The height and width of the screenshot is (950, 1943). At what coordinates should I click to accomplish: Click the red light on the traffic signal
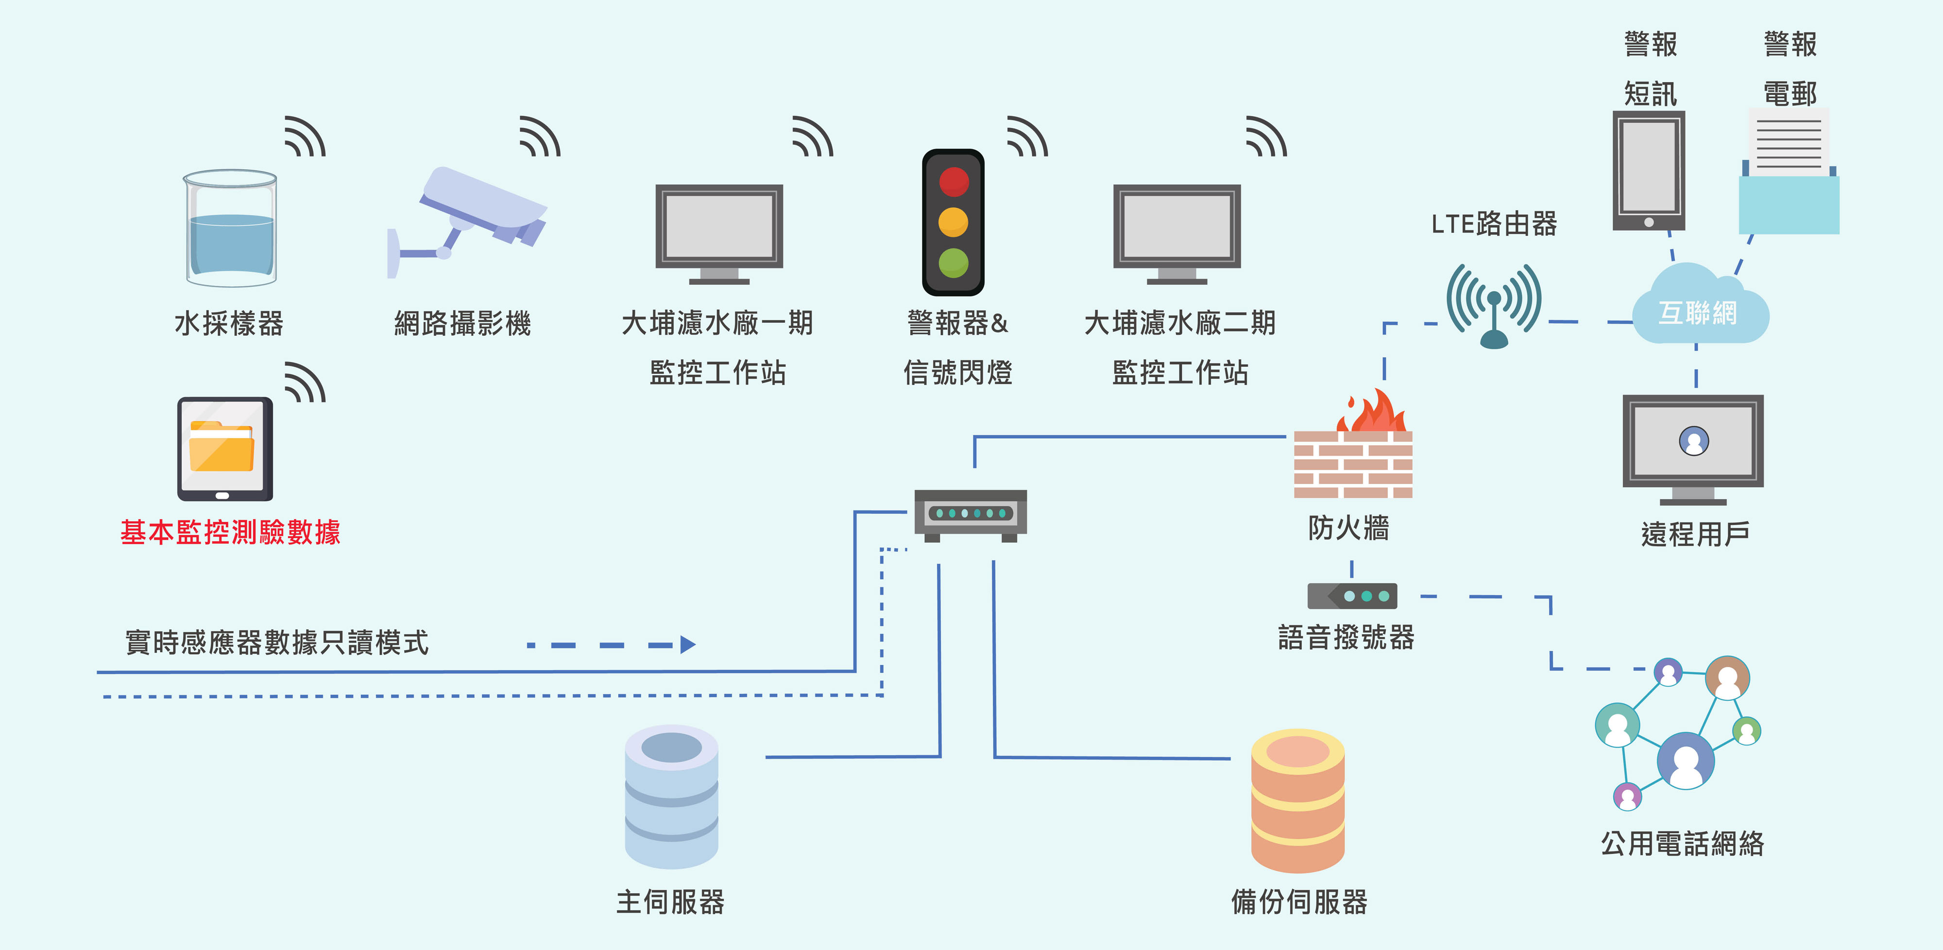pos(954,182)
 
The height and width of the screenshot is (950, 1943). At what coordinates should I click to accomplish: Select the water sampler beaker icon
pos(231,229)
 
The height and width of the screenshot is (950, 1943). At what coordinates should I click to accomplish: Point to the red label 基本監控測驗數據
pos(230,533)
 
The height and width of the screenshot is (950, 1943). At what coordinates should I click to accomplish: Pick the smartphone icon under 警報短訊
pos(1649,171)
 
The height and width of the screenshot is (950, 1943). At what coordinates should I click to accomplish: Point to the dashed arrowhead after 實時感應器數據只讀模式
pos(687,644)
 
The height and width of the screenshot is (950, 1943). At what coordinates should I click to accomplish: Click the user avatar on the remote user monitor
pos(1693,441)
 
